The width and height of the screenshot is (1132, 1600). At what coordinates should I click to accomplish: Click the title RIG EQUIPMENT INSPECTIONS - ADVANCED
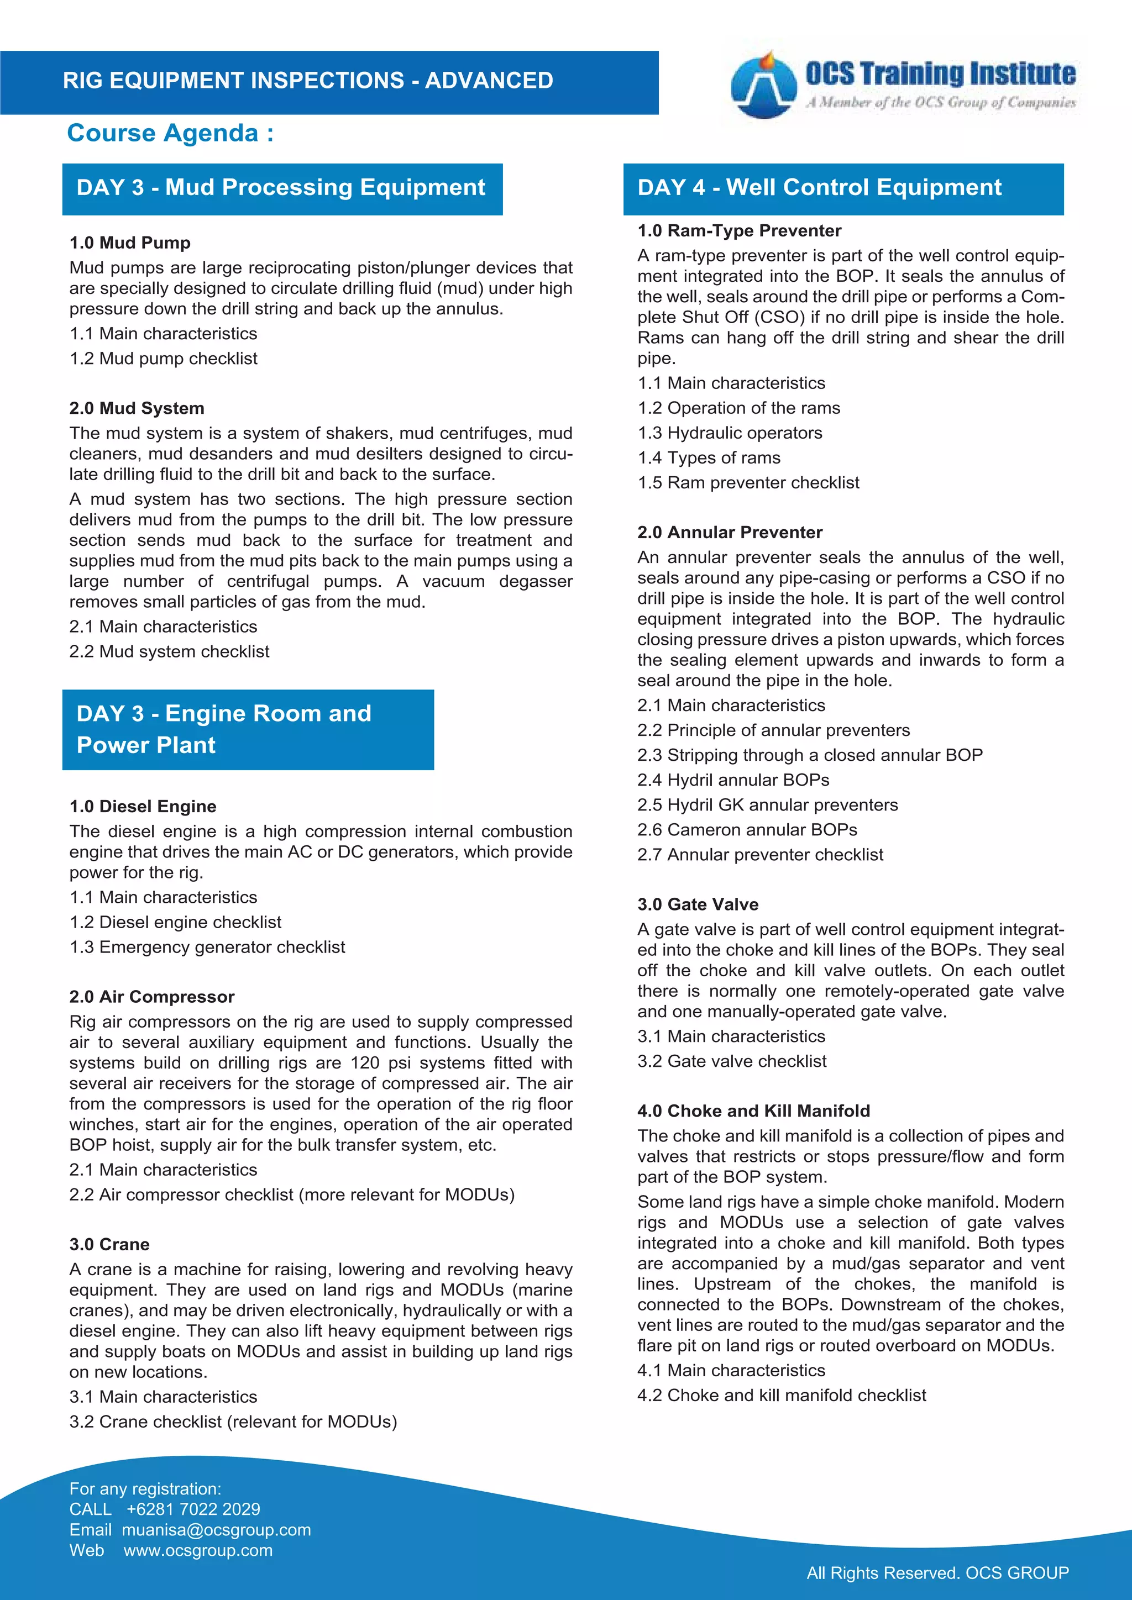(x=307, y=81)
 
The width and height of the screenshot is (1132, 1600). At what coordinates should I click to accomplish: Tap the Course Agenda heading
(x=170, y=133)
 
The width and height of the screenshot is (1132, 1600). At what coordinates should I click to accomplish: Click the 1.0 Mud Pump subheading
(x=130, y=243)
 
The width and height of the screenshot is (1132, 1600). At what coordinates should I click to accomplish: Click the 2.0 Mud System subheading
(x=137, y=408)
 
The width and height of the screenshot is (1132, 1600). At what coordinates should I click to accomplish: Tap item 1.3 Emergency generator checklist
(x=207, y=947)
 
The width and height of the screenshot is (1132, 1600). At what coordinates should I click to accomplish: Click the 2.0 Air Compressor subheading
(x=152, y=997)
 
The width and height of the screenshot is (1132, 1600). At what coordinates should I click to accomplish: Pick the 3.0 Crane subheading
(x=109, y=1245)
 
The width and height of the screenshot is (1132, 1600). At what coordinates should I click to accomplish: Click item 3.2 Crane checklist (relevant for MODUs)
(x=233, y=1422)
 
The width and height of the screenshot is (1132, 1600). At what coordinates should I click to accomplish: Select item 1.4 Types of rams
(x=709, y=458)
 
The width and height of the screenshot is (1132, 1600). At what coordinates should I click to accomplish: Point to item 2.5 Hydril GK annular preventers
(x=767, y=805)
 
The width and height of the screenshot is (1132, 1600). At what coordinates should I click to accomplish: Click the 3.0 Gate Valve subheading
(x=698, y=904)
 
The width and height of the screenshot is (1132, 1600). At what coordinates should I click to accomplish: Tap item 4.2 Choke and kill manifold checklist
(x=782, y=1395)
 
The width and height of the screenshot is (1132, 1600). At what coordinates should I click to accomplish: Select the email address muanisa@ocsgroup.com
(x=216, y=1530)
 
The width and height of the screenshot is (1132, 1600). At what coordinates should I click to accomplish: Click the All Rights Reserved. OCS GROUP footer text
(x=937, y=1573)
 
